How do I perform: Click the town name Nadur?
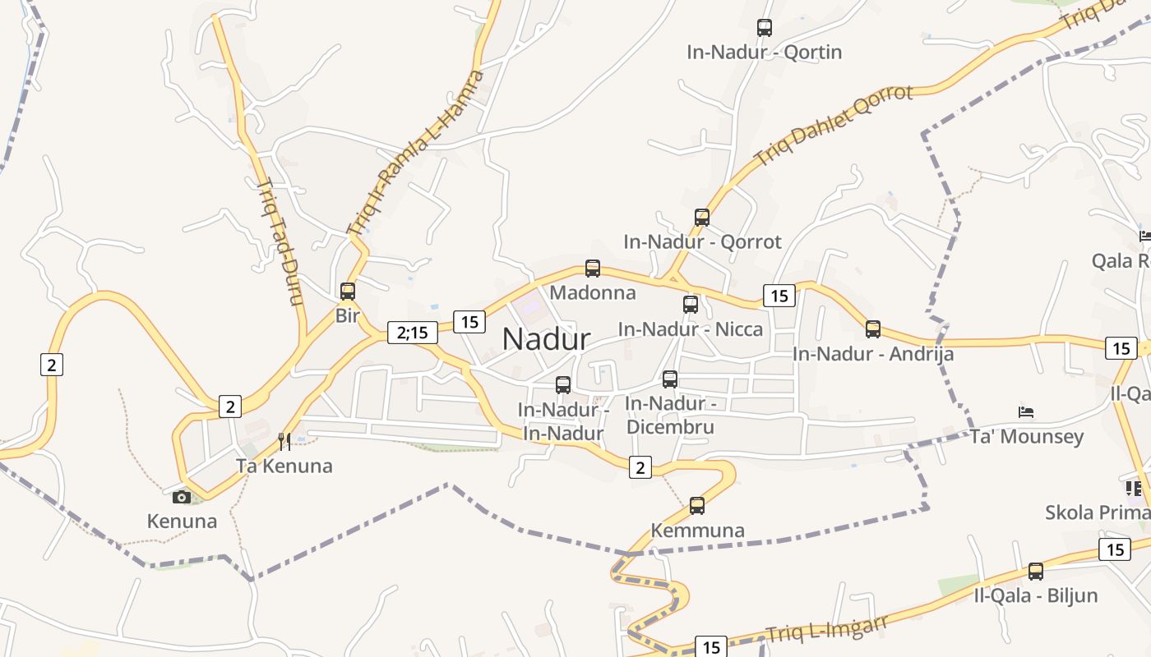[x=546, y=338]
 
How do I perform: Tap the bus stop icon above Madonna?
[x=592, y=268]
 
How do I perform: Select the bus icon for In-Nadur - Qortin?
[x=765, y=28]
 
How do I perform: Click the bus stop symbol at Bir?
[x=348, y=291]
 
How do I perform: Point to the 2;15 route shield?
[x=412, y=332]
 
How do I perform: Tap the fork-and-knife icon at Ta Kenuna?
[x=284, y=442]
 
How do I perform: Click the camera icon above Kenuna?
[x=182, y=497]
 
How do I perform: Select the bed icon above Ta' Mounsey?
[x=1026, y=411]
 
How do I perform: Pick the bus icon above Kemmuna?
[x=697, y=505]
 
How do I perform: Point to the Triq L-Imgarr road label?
[x=827, y=629]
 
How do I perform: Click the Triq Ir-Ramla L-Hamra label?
[x=416, y=152]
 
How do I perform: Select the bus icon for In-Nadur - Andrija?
[x=873, y=329]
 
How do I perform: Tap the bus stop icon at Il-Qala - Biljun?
[x=1036, y=571]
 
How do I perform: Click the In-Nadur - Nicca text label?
[x=691, y=329]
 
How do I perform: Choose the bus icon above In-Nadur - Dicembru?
[x=670, y=379]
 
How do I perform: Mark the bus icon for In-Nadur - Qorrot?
[x=702, y=218]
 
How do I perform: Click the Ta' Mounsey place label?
[x=1027, y=436]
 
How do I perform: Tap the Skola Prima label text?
[x=1097, y=512]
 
